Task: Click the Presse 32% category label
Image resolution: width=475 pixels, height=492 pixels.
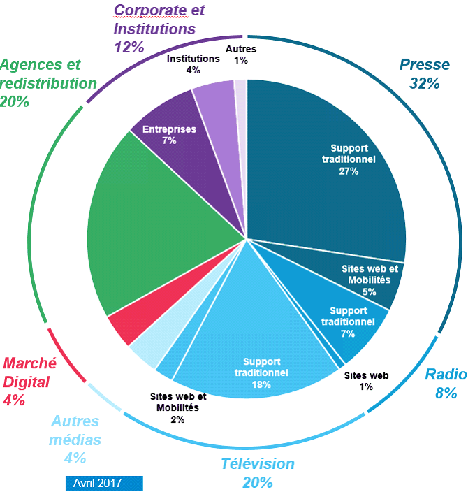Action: (424, 74)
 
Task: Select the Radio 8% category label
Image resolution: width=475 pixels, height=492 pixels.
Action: (446, 383)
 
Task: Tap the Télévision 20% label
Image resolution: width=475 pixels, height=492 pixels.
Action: (258, 472)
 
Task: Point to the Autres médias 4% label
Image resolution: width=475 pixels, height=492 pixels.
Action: (75, 440)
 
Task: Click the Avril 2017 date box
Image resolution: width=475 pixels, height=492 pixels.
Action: (105, 484)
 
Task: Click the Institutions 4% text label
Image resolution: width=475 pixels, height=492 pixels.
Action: (193, 64)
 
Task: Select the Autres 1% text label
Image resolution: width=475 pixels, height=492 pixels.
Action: (241, 55)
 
